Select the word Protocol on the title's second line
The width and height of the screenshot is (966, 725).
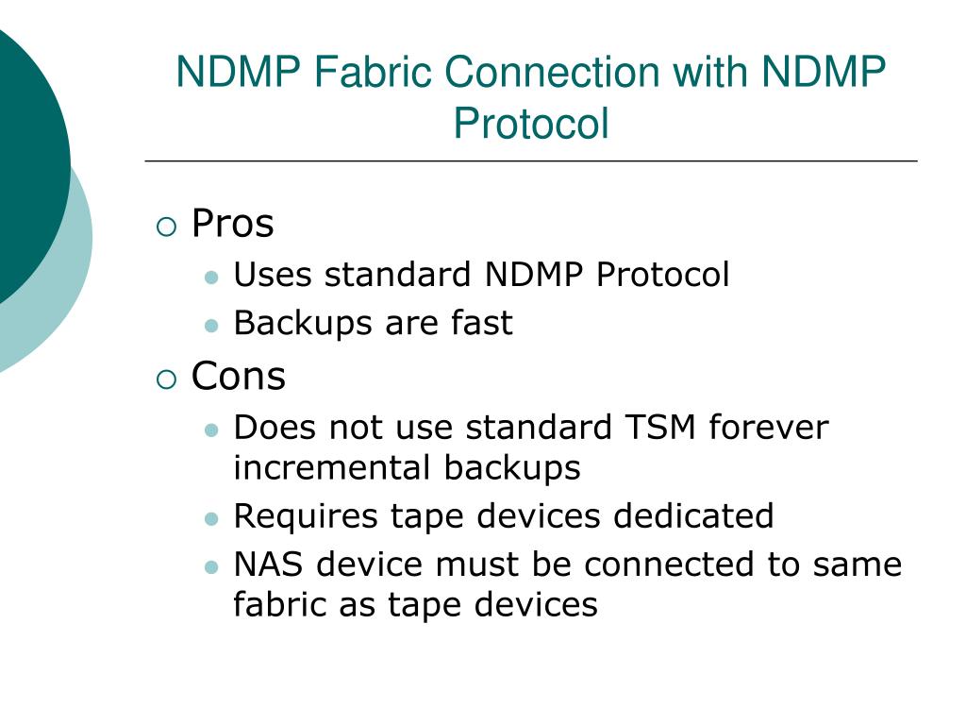[530, 124]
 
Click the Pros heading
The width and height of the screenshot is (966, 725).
[232, 225]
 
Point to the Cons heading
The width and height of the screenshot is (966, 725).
[238, 377]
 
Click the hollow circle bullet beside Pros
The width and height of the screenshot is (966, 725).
[166, 227]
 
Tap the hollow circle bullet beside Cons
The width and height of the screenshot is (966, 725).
[166, 379]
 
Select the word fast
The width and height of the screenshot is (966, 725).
[481, 323]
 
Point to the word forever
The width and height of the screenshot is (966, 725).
[768, 428]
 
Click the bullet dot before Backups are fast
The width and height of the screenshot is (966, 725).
[211, 325]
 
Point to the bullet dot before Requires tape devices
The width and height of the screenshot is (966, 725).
[211, 518]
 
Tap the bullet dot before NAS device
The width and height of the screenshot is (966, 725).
[211, 566]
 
